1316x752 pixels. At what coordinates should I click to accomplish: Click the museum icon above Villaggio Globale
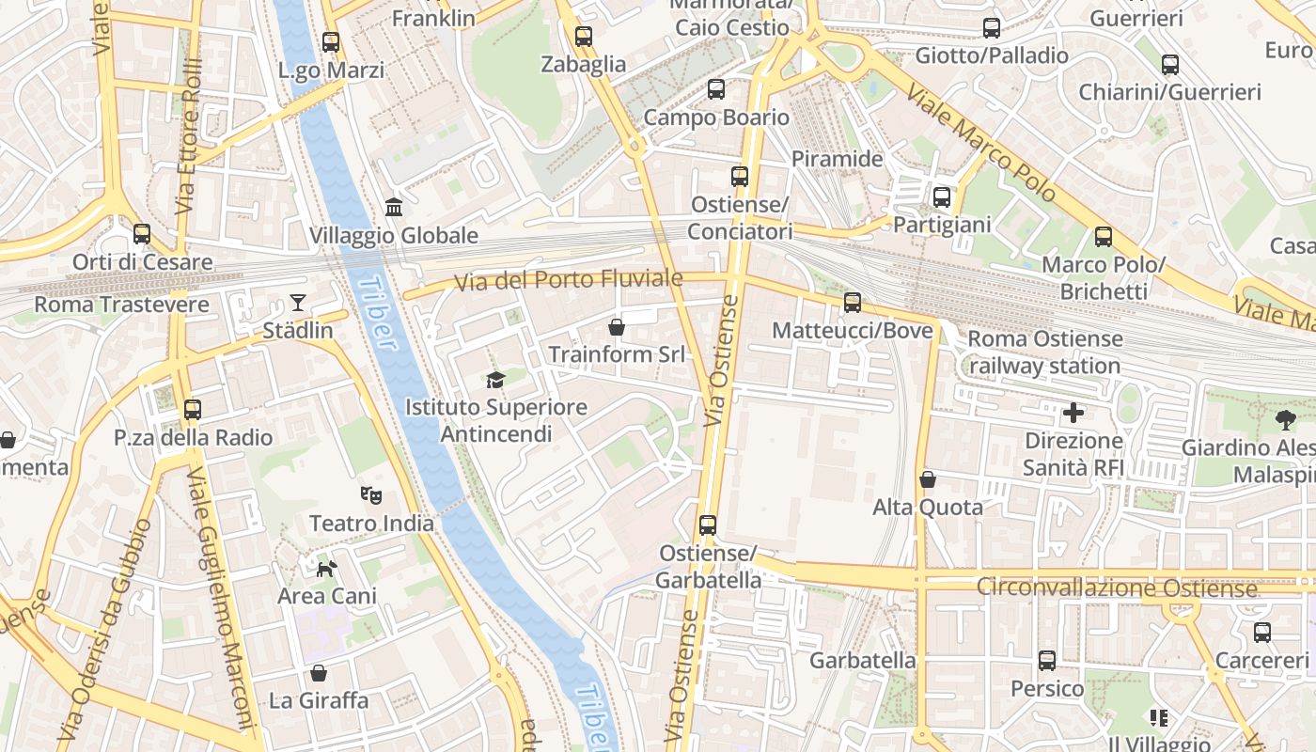(394, 207)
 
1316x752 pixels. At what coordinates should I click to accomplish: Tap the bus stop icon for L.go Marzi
(330, 41)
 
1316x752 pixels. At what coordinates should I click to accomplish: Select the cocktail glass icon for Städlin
(298, 302)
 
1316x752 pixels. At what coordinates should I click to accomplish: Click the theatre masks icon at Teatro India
(371, 494)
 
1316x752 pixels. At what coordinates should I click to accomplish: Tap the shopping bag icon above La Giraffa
(319, 673)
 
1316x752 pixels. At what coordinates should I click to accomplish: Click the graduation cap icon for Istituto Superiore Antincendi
(495, 379)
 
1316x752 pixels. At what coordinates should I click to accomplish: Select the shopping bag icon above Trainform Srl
(617, 326)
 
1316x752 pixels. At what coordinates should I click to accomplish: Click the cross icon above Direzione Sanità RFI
(1073, 412)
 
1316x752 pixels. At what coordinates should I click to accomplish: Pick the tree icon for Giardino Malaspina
(1285, 419)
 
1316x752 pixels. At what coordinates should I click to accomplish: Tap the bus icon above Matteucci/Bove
(852, 302)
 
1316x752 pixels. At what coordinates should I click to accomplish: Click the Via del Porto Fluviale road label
(568, 280)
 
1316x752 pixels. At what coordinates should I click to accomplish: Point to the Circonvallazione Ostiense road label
(1116, 587)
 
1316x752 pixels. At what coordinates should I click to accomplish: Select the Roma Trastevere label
(121, 305)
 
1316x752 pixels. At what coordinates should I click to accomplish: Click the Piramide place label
(837, 159)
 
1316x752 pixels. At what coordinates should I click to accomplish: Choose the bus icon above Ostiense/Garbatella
(708, 525)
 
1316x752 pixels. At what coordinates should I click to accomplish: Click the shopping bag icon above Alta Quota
(928, 479)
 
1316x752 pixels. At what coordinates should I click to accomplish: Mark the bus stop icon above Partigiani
(941, 196)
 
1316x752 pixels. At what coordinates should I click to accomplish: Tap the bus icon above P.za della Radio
(193, 409)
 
